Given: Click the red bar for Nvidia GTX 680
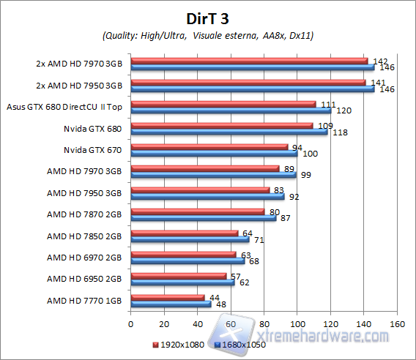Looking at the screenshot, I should pyautogui.click(x=221, y=125).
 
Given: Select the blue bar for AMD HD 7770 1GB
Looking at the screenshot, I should pyautogui.click(x=170, y=304).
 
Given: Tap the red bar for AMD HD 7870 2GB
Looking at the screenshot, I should pyautogui.click(x=197, y=211).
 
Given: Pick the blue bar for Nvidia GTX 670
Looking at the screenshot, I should pyautogui.click(x=213, y=154).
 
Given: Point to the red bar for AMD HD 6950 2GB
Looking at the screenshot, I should pyautogui.click(x=178, y=276).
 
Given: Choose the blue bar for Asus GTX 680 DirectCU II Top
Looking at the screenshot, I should pyautogui.click(x=230, y=110).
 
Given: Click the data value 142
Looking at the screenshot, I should pyautogui.click(x=380, y=61).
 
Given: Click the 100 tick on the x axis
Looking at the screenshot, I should pyautogui.click(x=297, y=323).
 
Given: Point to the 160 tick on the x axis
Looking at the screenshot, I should pyautogui.click(x=398, y=323).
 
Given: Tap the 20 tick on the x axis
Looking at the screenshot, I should pyautogui.click(x=164, y=323).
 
